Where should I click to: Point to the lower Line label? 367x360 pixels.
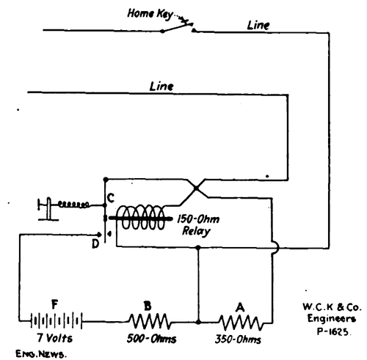(x=161, y=86)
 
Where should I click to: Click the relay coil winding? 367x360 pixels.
(x=142, y=218)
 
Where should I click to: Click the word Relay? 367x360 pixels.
(x=196, y=231)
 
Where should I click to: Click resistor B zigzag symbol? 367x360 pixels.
(x=151, y=320)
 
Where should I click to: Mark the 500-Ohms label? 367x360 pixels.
(x=151, y=340)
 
